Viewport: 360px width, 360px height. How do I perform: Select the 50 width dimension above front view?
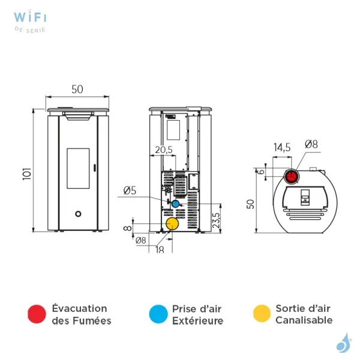[77, 89]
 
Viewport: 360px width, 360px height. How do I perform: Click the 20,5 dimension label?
[163, 149]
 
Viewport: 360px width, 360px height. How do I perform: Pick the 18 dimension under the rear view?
[160, 250]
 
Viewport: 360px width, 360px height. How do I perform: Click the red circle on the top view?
[290, 176]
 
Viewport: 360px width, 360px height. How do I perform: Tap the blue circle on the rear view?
[175, 204]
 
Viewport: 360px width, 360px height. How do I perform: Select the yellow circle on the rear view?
[172, 224]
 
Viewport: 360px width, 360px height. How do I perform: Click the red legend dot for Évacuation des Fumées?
[37, 314]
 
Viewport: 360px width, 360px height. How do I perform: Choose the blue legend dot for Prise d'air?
[158, 314]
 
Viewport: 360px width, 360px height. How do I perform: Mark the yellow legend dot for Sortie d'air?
[262, 314]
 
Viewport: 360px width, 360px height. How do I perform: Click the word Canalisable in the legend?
[304, 320]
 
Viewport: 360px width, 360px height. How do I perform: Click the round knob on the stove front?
[78, 214]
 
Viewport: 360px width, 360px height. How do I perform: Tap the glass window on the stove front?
[78, 169]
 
